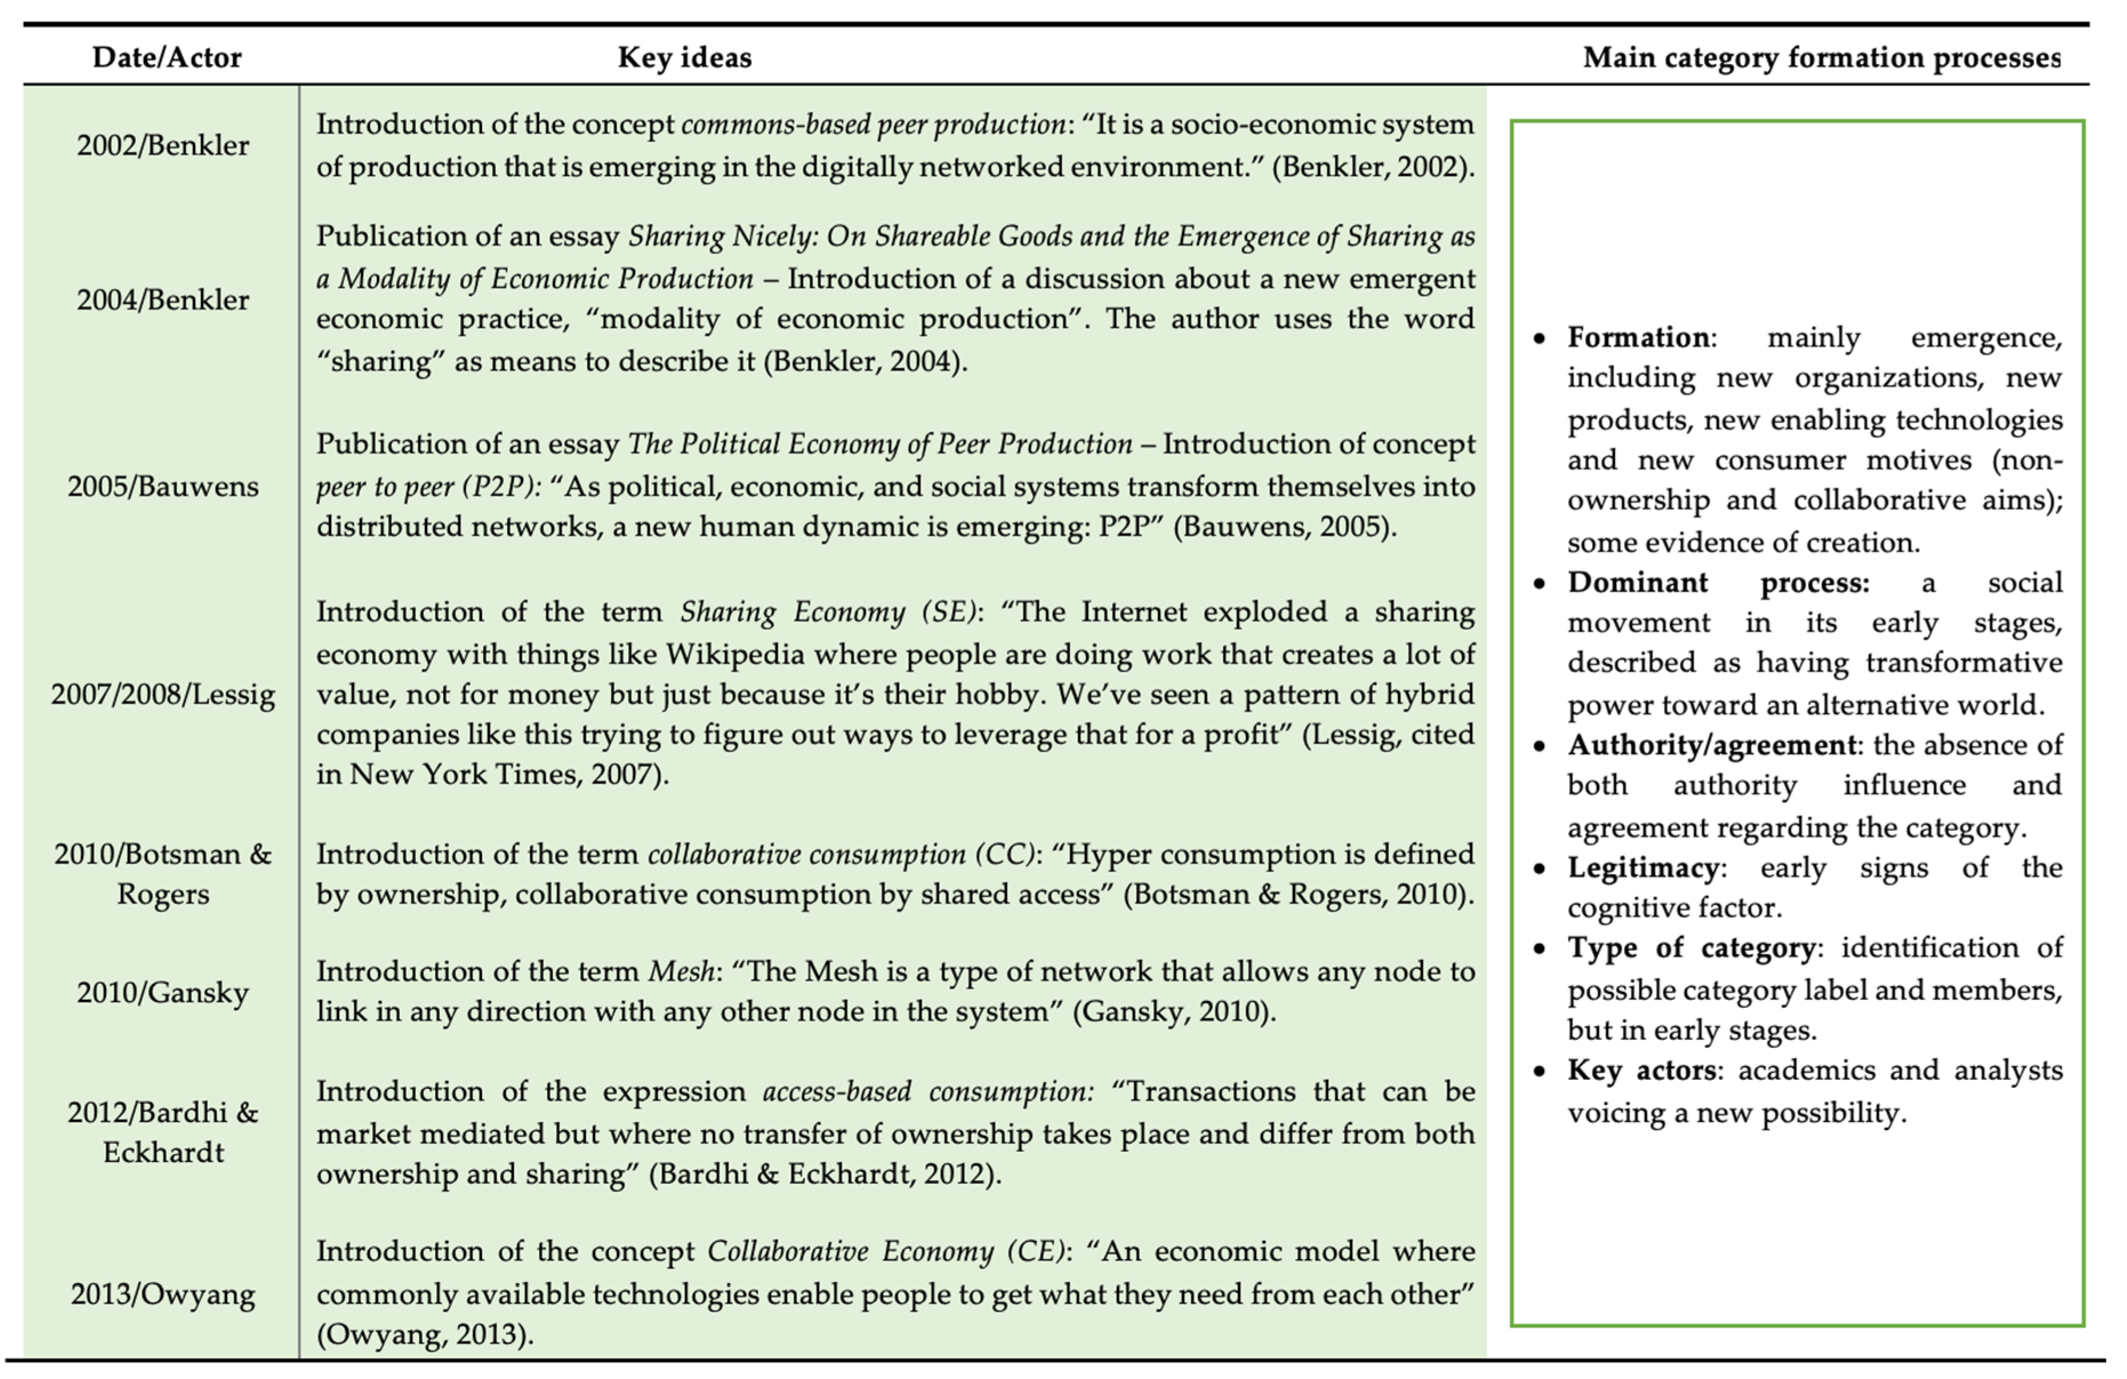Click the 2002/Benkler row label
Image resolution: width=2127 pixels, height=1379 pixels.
163,146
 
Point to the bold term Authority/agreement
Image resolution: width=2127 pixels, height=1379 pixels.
1711,745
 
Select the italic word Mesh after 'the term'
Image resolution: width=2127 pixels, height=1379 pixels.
681,971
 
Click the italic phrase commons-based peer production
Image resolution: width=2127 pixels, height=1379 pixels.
873,125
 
